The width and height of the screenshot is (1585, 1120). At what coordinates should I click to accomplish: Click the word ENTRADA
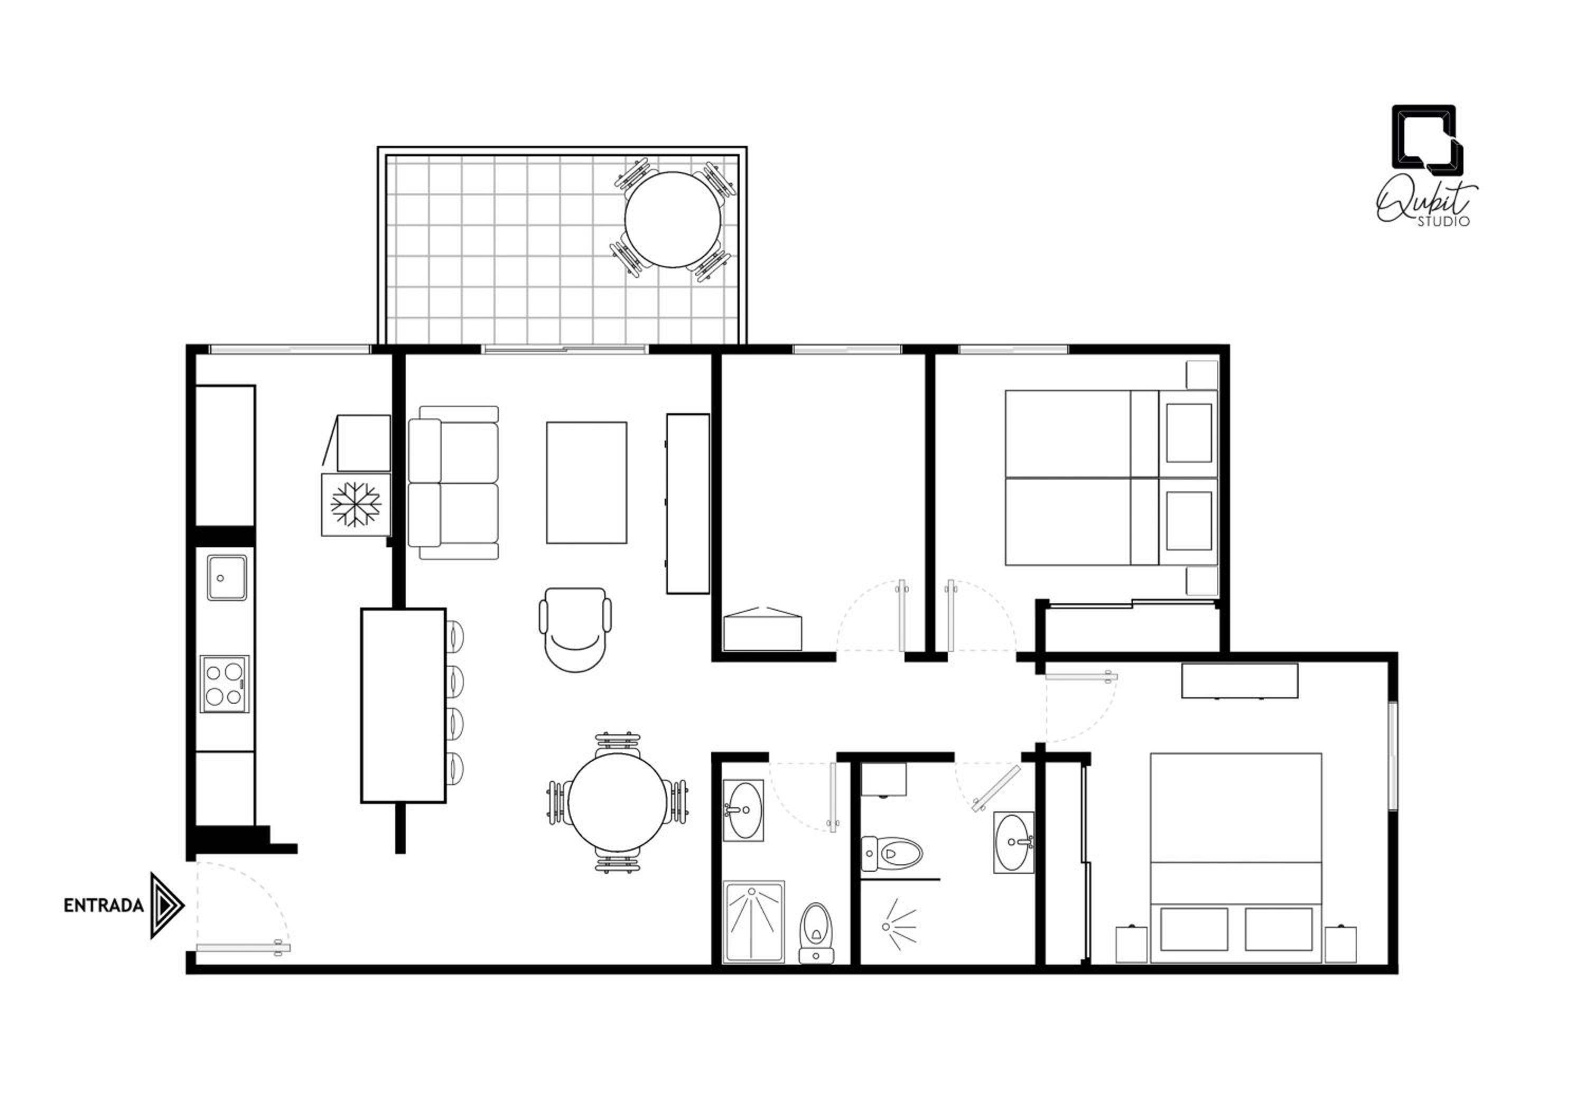coord(104,906)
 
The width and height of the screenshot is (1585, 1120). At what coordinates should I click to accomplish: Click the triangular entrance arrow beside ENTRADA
coord(166,906)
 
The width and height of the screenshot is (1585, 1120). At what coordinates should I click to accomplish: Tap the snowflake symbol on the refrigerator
coord(356,505)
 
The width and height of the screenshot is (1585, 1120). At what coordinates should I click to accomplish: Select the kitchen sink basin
coord(227,577)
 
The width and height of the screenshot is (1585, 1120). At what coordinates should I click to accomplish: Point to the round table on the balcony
coord(673,220)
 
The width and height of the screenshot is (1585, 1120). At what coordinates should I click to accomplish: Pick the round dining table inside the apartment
coord(618,802)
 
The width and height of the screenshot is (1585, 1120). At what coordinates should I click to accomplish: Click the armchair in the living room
coord(575,629)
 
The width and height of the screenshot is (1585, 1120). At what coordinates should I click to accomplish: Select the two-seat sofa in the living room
coord(453,482)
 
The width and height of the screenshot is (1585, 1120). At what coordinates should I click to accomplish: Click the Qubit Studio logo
coord(1427,165)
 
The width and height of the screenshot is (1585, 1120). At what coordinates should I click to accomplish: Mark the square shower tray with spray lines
coord(754,921)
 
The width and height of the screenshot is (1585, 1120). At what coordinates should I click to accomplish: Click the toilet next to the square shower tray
coord(817,934)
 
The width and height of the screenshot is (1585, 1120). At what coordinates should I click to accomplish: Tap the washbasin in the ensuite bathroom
coord(1014,842)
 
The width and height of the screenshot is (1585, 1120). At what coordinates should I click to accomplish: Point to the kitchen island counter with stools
coord(403,705)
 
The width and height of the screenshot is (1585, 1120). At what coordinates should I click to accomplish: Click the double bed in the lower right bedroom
coord(1236,858)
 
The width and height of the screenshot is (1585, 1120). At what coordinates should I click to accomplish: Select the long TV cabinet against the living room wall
coord(687,504)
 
